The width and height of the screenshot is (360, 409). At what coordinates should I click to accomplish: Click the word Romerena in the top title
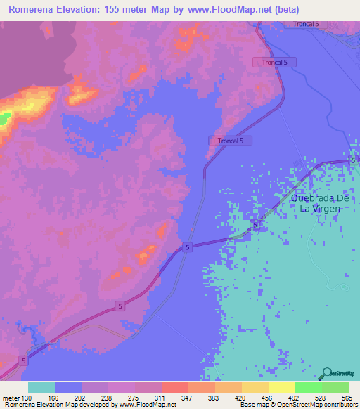[34, 10]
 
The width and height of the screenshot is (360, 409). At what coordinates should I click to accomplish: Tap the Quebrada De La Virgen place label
[316, 203]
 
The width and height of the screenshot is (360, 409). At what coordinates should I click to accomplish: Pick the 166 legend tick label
[53, 398]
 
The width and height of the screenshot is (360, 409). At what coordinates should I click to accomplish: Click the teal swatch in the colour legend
[41, 387]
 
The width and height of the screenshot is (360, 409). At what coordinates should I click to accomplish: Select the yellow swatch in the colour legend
[281, 387]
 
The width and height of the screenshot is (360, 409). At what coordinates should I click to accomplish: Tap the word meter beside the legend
[10, 398]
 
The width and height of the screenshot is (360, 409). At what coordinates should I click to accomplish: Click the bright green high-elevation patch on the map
[4, 118]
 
